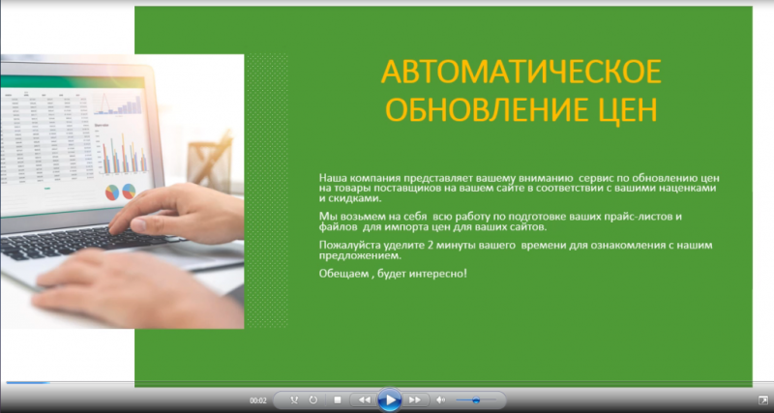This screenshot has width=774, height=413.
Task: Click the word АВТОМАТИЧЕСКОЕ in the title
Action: click(x=521, y=72)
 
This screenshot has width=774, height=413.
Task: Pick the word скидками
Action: click(x=354, y=199)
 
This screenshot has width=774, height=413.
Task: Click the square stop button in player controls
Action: click(x=338, y=399)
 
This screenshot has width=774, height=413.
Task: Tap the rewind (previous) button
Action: click(x=365, y=399)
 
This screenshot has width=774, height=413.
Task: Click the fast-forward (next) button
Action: click(x=415, y=399)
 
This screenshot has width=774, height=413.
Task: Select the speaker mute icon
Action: click(x=441, y=399)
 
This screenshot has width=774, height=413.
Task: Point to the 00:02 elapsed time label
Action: click(x=258, y=400)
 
